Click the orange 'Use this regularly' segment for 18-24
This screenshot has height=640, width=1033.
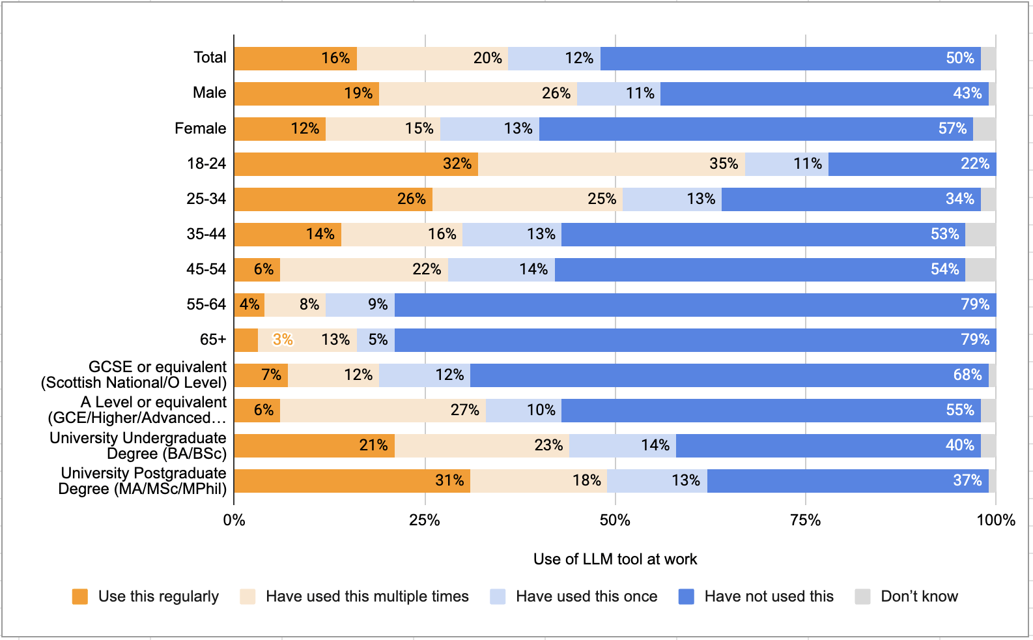(x=356, y=164)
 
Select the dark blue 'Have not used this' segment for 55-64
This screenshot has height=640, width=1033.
(x=696, y=305)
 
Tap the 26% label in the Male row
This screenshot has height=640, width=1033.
(x=556, y=93)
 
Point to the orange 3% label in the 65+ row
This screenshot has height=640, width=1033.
(x=283, y=340)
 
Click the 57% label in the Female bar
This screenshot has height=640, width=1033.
(x=952, y=128)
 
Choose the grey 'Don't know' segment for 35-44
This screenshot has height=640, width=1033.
(x=980, y=235)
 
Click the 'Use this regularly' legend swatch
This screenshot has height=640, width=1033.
(x=79, y=596)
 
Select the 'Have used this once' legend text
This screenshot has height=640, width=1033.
(x=587, y=596)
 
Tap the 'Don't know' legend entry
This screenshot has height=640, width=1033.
(x=907, y=596)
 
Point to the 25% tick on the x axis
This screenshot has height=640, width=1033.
(x=425, y=521)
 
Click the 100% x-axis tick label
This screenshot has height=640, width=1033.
(x=996, y=521)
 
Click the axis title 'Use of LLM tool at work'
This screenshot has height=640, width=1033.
(x=616, y=559)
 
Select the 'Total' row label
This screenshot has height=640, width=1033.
(x=210, y=58)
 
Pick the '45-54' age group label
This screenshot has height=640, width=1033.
(x=206, y=269)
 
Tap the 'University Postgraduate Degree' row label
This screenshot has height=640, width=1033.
(x=143, y=481)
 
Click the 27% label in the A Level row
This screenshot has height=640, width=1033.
(x=465, y=410)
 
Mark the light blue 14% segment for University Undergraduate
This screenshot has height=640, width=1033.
(x=623, y=446)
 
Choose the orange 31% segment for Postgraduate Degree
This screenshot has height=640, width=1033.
(x=352, y=481)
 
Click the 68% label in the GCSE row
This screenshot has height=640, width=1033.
(x=967, y=375)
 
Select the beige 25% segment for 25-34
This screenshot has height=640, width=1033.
(x=528, y=199)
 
